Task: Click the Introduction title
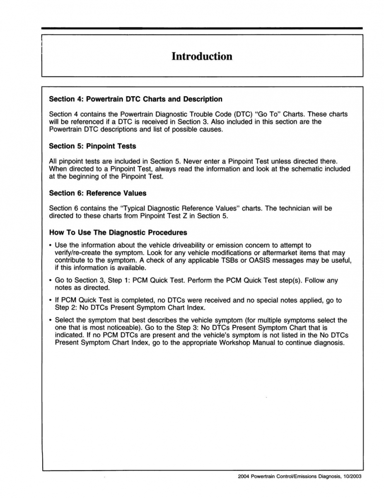click(202, 56)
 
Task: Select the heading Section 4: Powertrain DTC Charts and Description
click(135, 99)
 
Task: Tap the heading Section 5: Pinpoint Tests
click(92, 146)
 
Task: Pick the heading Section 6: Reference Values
click(97, 193)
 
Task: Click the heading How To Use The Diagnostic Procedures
click(118, 232)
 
